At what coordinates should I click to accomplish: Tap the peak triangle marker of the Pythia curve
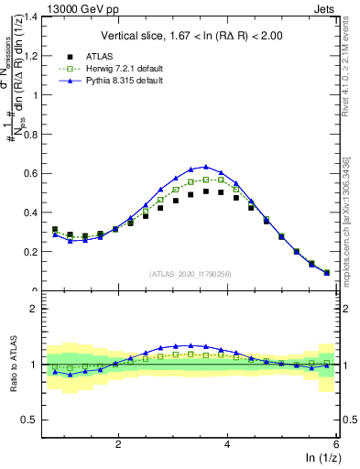[206, 167]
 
